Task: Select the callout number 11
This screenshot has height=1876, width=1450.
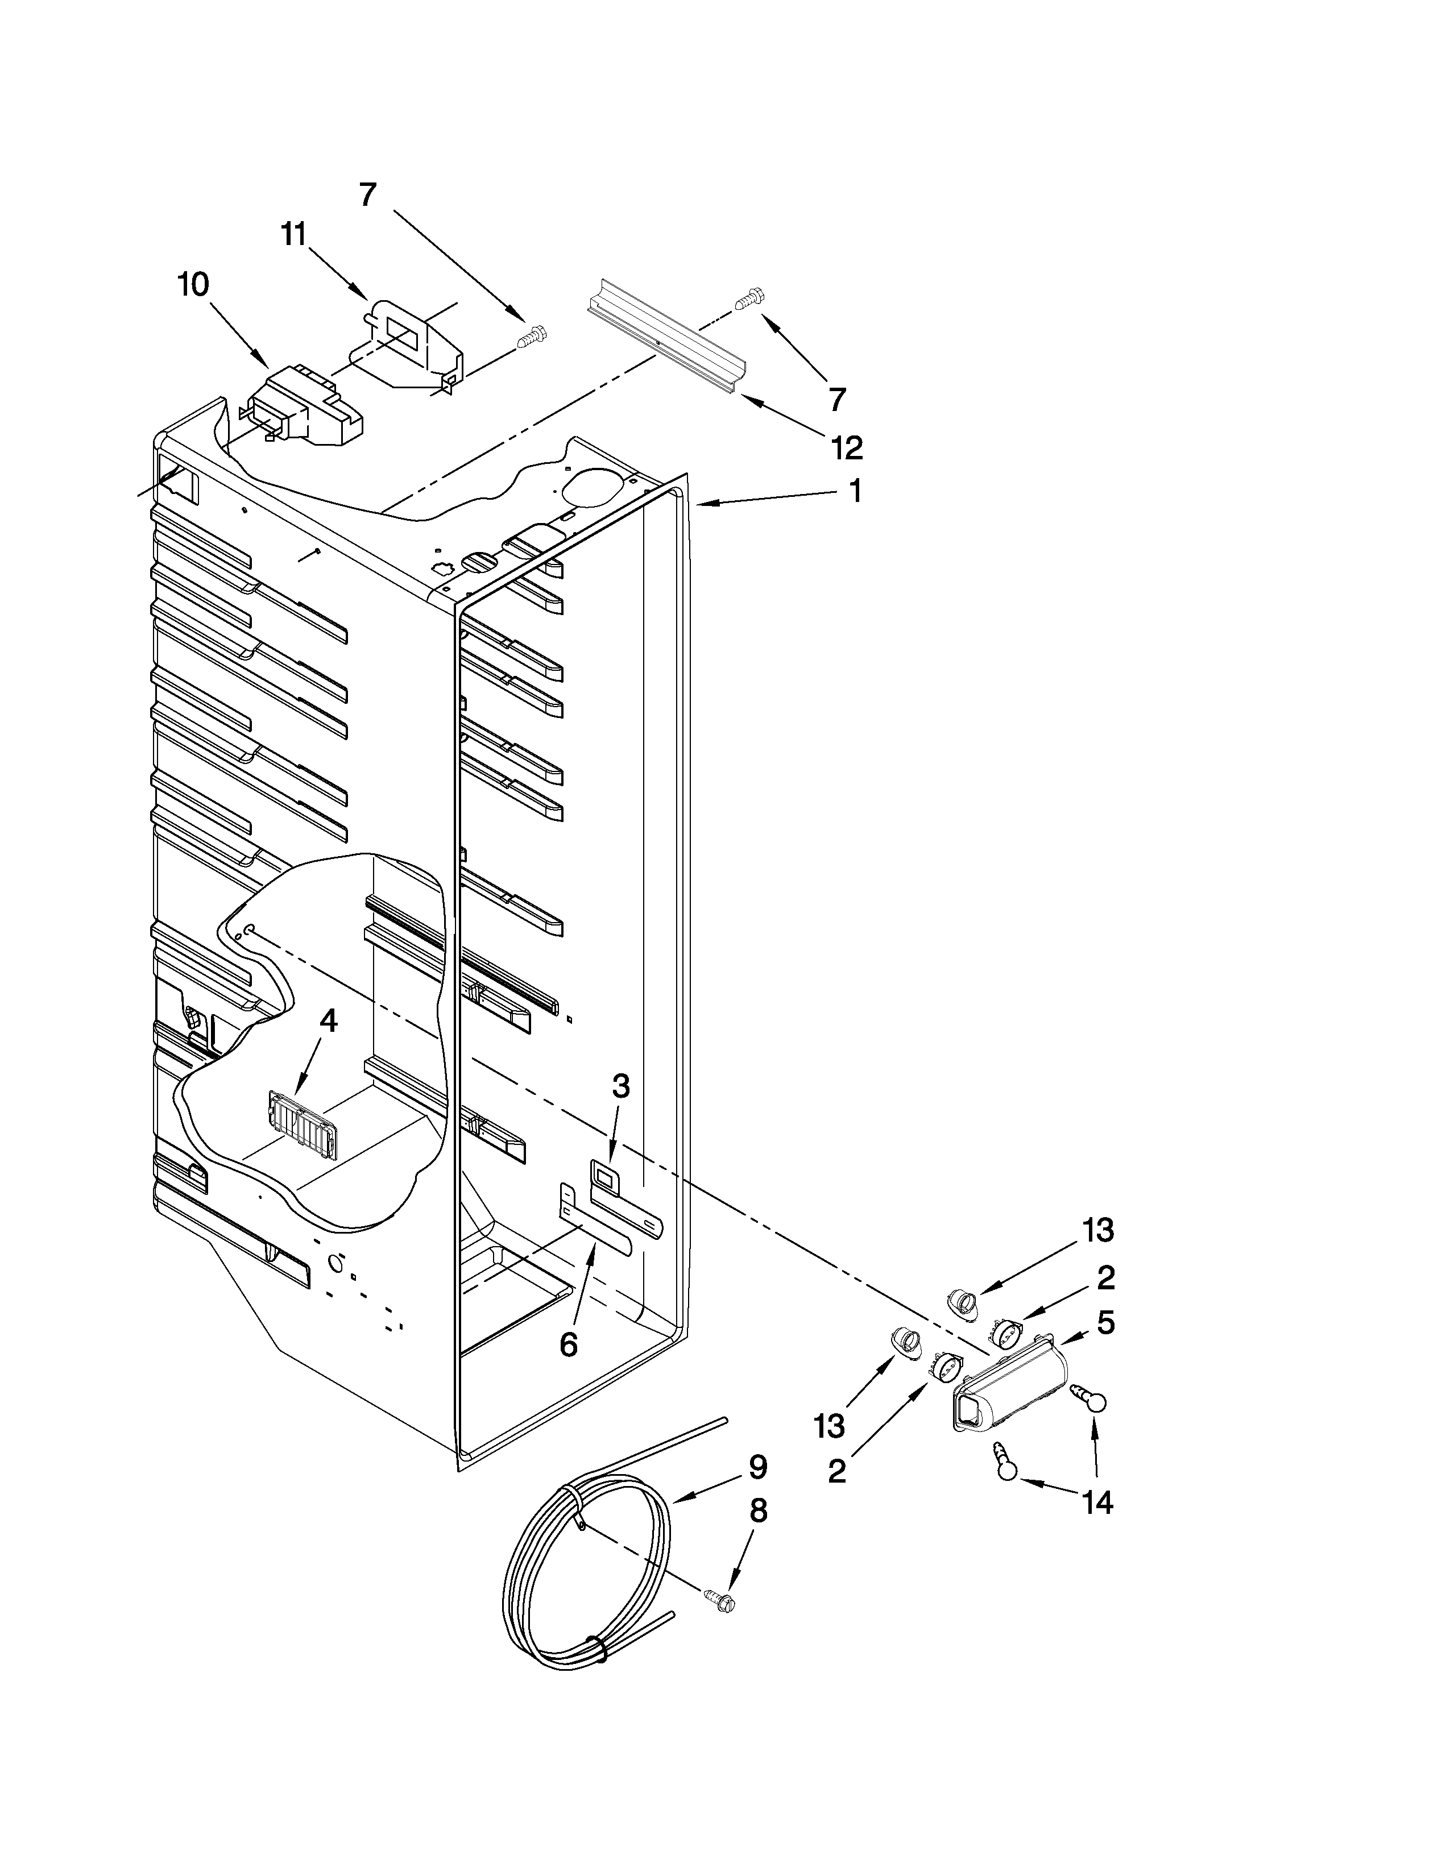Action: pos(295,234)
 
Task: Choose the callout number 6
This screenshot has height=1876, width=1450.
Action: pos(568,1344)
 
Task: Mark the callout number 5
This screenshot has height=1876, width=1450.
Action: pos(1105,1323)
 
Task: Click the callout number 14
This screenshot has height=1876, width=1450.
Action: pos(1099,1503)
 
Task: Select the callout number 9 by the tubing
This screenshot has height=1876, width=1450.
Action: pos(757,1468)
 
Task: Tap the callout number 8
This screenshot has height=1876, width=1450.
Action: pos(757,1511)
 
